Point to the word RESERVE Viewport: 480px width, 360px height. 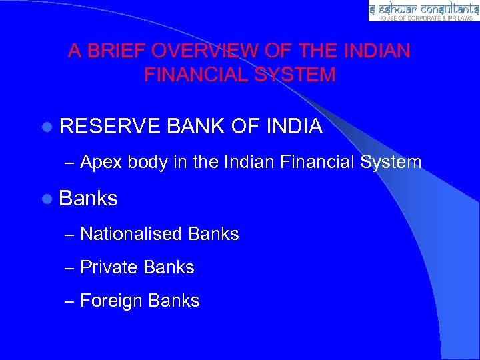point(110,125)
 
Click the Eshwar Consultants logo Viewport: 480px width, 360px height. point(423,11)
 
